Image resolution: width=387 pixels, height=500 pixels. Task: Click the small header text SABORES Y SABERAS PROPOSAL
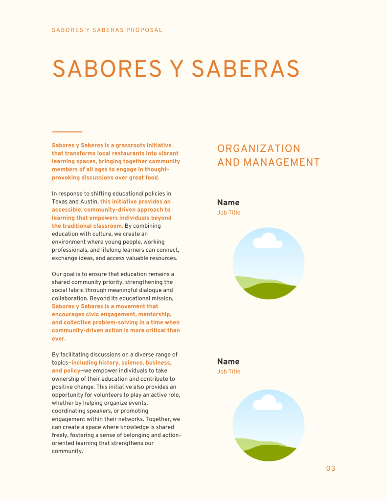(x=107, y=30)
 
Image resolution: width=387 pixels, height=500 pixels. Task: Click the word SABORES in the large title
(x=107, y=69)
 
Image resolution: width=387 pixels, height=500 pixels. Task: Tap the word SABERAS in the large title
(x=245, y=69)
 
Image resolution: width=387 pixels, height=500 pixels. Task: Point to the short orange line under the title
(x=67, y=132)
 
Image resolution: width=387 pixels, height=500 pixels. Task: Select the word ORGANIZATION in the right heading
(x=259, y=149)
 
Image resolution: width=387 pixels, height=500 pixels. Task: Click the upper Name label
(x=228, y=202)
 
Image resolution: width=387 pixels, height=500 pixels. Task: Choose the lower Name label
(x=228, y=361)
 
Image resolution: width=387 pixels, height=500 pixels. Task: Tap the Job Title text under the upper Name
(x=228, y=213)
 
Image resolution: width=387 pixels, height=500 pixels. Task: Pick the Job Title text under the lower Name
(x=228, y=372)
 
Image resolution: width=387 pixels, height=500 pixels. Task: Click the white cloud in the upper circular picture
(x=267, y=241)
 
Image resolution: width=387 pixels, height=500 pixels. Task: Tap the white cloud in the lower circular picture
(x=267, y=403)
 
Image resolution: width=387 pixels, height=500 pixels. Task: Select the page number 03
(x=331, y=469)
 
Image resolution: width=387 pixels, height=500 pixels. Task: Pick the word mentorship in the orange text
(x=155, y=315)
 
